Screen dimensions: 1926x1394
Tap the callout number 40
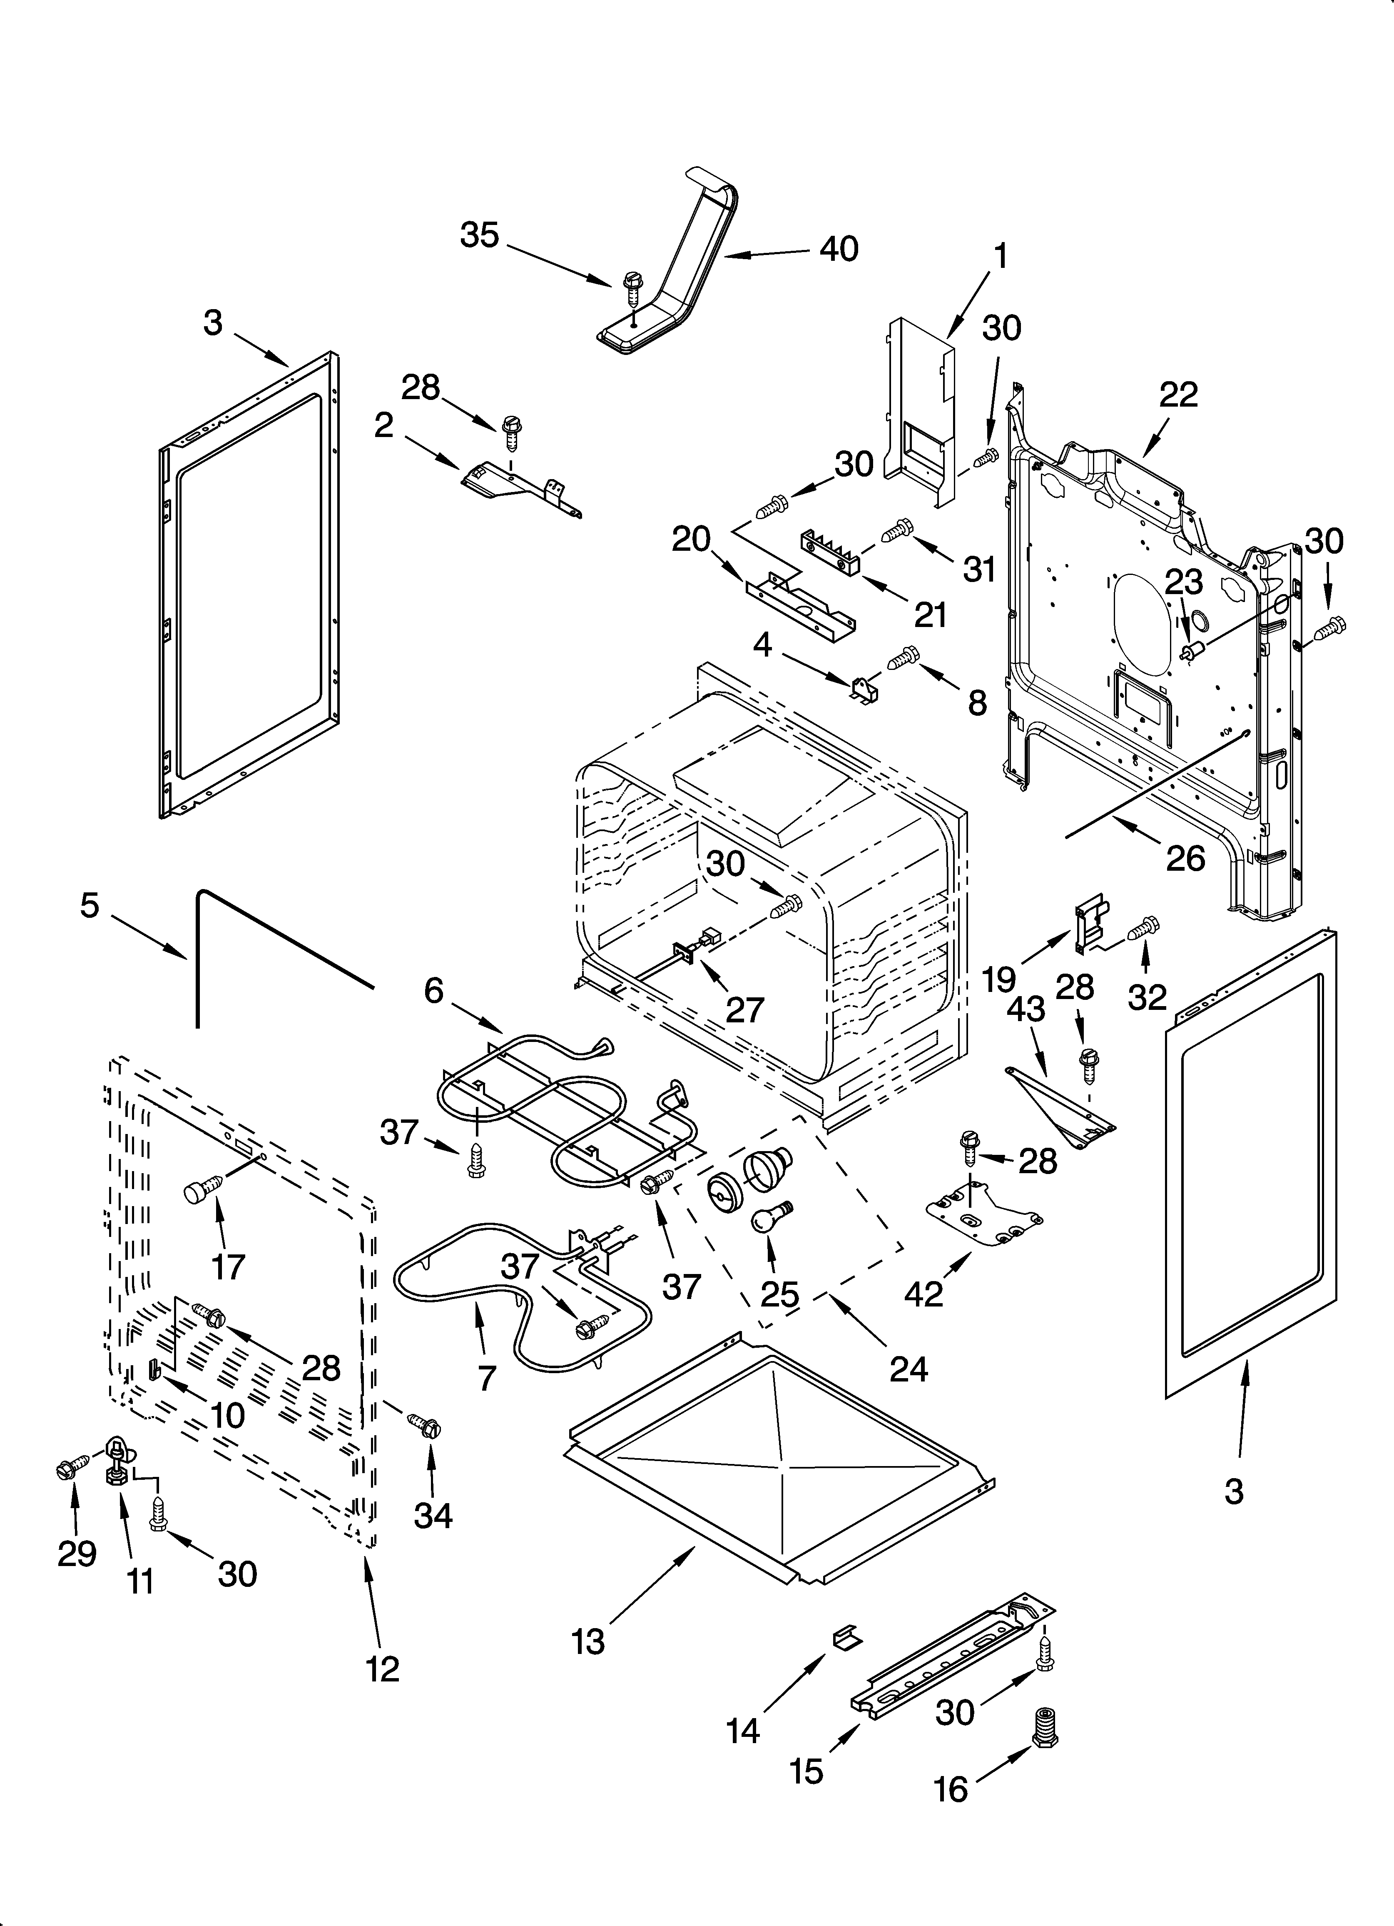coord(839,249)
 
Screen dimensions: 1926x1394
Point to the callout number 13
coord(588,1641)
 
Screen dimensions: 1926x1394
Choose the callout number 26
coord(1185,859)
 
